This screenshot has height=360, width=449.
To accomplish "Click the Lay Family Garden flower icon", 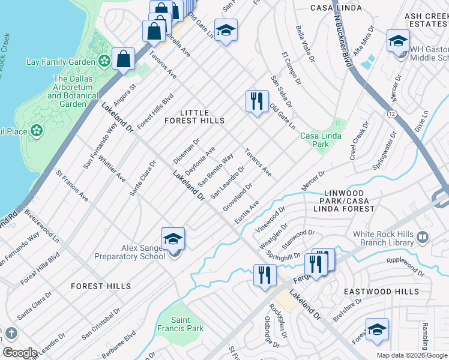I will (x=104, y=61).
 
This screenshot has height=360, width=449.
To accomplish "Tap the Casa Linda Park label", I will (x=321, y=140).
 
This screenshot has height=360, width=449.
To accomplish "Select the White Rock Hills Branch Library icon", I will (x=424, y=238).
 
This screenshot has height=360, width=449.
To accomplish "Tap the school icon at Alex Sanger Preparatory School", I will (x=173, y=239).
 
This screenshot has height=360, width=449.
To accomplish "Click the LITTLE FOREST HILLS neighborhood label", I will (x=195, y=116).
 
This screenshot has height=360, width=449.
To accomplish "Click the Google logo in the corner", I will (x=20, y=353).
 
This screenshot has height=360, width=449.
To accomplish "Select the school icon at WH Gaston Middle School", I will (x=398, y=41).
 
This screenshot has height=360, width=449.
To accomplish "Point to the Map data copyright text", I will (x=412, y=355).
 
